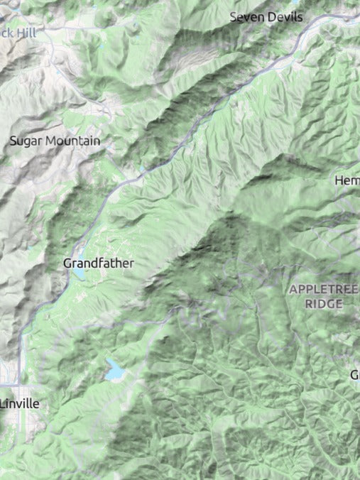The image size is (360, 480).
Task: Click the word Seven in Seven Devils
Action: point(246,16)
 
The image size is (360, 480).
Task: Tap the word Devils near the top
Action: point(286,16)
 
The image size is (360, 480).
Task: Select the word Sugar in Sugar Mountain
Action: point(25,141)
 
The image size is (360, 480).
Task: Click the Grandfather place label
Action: point(99,263)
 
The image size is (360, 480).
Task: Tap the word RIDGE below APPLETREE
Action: point(324,303)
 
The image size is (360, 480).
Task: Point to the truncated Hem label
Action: point(347,181)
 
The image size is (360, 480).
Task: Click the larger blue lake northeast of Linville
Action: point(114,370)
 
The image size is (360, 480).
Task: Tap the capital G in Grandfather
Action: point(67,263)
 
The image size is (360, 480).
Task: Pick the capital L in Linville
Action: point(4,403)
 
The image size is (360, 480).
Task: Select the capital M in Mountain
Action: point(50,141)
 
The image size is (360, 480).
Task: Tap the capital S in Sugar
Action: point(13,141)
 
